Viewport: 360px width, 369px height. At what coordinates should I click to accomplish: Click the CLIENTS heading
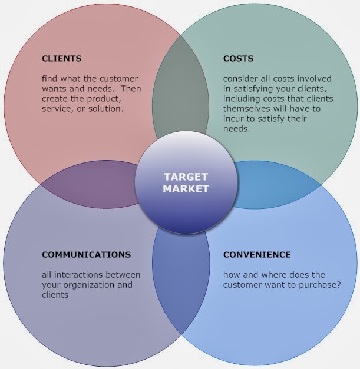(x=61, y=59)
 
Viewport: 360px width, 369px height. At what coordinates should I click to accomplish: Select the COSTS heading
(x=238, y=59)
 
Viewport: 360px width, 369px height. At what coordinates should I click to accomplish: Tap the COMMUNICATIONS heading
(x=86, y=255)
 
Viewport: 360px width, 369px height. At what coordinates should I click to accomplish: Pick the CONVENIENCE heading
(x=256, y=255)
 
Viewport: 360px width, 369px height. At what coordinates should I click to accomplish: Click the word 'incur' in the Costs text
(x=235, y=119)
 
